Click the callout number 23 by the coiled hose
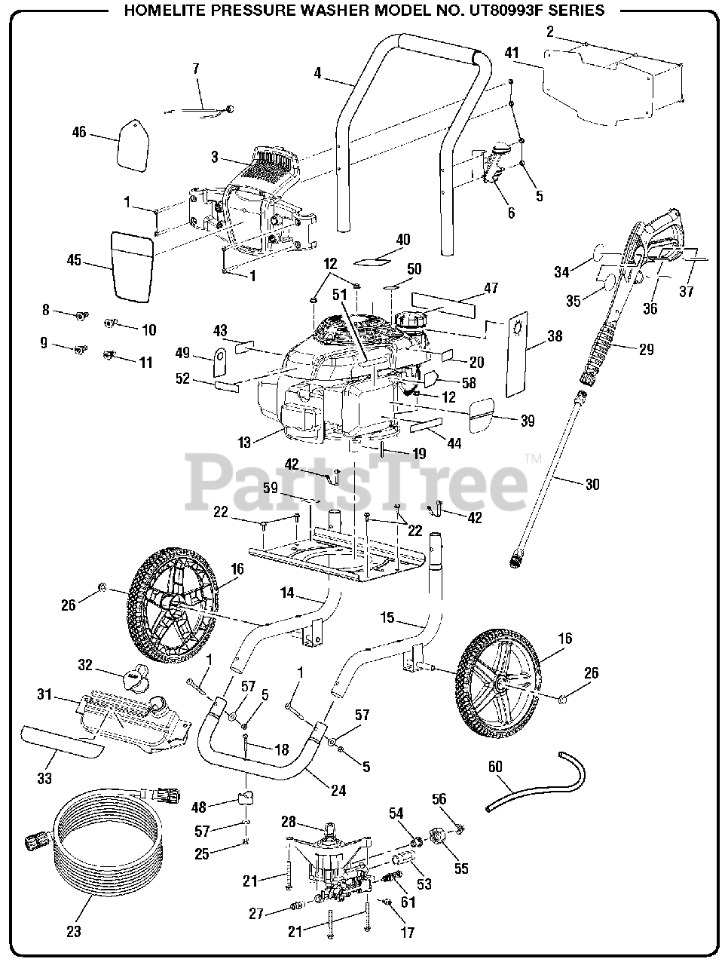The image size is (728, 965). (73, 931)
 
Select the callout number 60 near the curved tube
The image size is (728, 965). (495, 767)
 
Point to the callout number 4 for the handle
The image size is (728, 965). (318, 73)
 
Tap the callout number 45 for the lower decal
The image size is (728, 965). (73, 261)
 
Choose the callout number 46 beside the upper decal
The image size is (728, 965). (79, 133)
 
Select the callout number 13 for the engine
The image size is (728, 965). (244, 443)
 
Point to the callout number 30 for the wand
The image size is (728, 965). (592, 484)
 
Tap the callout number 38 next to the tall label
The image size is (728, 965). (555, 337)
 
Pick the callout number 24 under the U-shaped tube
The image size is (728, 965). (338, 790)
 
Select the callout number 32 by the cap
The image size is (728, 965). (85, 664)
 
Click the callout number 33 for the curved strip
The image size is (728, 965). (44, 777)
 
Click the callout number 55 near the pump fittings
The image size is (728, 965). (460, 868)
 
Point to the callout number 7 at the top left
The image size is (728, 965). (196, 69)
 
